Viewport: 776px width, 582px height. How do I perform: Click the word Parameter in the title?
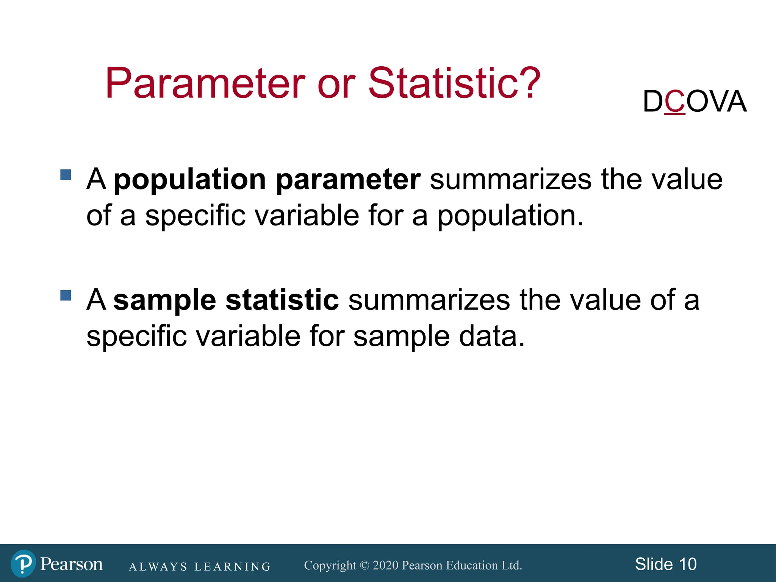click(205, 83)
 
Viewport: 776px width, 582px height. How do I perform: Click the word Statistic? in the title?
click(454, 83)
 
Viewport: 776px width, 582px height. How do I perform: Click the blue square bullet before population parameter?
click(66, 175)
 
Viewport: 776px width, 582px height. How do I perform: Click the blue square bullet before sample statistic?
click(66, 295)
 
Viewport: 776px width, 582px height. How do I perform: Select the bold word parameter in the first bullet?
click(348, 180)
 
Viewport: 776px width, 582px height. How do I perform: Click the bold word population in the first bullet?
click(190, 180)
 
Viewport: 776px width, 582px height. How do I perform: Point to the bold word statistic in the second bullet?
click(282, 300)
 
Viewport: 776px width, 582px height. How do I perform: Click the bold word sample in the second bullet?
click(164, 300)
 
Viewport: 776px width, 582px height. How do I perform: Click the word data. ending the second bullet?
click(492, 336)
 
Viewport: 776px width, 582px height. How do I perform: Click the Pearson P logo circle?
click(23, 563)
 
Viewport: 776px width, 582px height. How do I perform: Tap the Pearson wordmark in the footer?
click(71, 564)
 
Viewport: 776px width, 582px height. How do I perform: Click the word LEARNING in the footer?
click(232, 567)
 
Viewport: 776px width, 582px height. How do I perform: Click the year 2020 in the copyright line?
click(385, 565)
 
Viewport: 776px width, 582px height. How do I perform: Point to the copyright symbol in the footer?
click(364, 565)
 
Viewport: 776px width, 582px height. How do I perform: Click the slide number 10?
click(688, 564)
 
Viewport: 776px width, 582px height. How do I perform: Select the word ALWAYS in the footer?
click(158, 567)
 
